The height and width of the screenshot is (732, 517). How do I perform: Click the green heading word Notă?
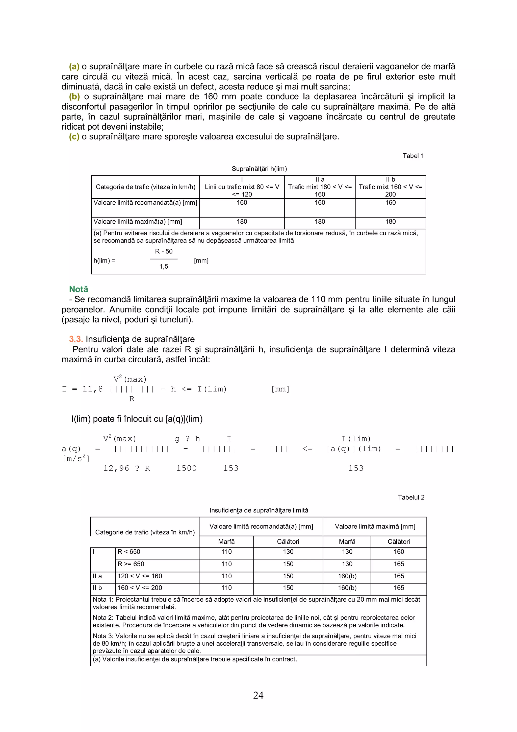click(x=78, y=289)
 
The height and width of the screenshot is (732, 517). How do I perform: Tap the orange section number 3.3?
click(x=76, y=339)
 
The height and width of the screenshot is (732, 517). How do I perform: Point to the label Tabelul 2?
click(x=411, y=497)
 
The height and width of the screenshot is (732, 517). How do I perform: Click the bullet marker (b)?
click(x=74, y=96)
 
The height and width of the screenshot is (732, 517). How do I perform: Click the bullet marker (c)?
click(x=74, y=136)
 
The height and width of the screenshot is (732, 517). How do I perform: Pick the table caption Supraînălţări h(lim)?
click(x=259, y=169)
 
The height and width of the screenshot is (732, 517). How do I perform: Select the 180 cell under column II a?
click(x=320, y=222)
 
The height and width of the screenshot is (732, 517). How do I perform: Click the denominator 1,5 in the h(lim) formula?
click(x=164, y=266)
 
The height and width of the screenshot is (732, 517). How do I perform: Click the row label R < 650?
click(x=129, y=552)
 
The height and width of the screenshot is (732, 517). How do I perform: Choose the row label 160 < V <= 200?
click(x=140, y=587)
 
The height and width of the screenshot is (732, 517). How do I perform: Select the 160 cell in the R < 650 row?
click(x=399, y=552)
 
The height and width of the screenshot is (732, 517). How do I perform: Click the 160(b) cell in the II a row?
click(x=347, y=576)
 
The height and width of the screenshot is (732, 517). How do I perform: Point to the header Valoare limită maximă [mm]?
click(x=375, y=526)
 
